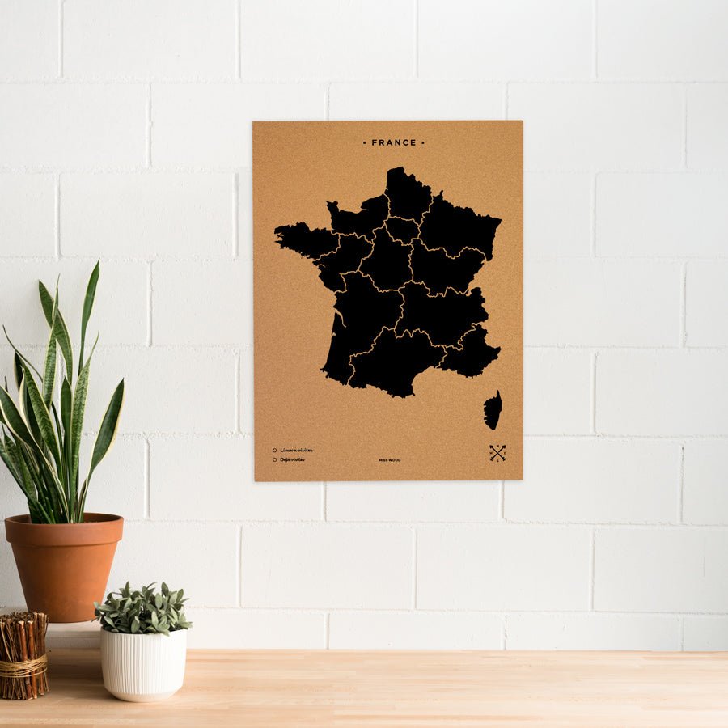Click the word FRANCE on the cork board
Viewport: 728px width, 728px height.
coord(394,142)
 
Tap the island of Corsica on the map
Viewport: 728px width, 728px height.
coord(493,410)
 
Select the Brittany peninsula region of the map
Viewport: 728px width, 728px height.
coord(303,240)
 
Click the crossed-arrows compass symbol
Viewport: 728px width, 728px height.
coord(497,453)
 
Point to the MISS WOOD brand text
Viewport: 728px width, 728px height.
coord(389,460)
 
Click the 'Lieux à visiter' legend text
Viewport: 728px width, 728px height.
coord(297,450)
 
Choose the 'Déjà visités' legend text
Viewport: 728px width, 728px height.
coord(293,459)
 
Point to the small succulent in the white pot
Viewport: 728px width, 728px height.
coord(142,607)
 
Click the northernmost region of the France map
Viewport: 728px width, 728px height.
coord(408,194)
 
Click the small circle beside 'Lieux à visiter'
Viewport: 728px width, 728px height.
coord(275,450)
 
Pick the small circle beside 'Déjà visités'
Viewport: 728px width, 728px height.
coord(275,459)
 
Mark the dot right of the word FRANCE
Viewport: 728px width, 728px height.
coord(423,142)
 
